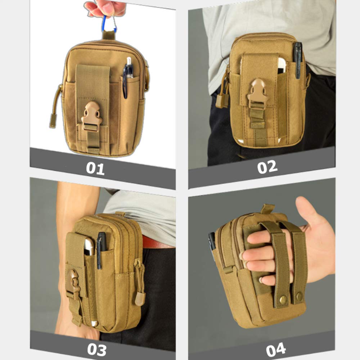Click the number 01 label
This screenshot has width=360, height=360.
(95, 168)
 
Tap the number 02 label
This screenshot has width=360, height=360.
(267, 167)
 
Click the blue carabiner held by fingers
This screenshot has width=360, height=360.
(108, 22)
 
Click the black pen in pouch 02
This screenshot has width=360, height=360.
(297, 59)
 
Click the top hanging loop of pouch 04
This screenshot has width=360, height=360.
(267, 208)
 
